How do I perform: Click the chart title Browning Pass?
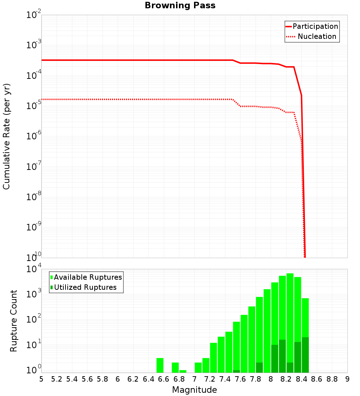[180, 6]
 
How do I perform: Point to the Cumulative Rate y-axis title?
[6, 136]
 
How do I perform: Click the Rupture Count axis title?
[14, 321]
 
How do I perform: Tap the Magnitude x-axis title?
[194, 390]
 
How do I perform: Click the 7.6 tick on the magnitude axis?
[240, 379]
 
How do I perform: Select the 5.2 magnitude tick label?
[57, 379]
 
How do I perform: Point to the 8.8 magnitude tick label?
[332, 379]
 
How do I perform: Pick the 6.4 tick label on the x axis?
[148, 379]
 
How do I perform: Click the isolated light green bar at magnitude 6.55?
[160, 365]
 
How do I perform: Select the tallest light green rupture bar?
[290, 306]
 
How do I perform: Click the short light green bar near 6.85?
[183, 371]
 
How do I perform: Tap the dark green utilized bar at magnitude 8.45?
[305, 355]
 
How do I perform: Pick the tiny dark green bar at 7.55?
[237, 371]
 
